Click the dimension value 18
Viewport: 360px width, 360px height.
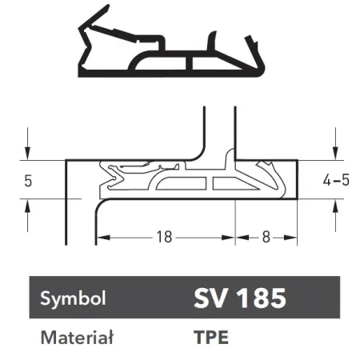164,237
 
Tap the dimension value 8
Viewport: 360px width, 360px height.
266,237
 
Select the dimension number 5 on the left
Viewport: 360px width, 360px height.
28,181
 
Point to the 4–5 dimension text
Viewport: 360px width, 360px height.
336,180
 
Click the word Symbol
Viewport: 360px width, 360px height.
73,298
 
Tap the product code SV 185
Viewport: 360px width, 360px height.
240,298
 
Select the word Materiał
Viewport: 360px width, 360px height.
77,338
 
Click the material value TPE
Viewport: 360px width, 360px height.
211,337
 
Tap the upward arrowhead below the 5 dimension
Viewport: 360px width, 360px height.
27,206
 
